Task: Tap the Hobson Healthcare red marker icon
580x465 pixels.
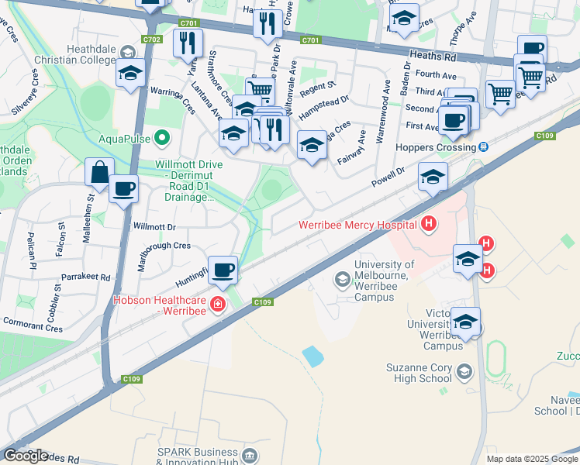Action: tap(218, 303)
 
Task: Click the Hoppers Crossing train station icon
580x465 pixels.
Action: tap(483, 147)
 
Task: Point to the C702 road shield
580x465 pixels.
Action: tap(152, 39)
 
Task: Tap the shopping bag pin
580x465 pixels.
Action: tap(100, 173)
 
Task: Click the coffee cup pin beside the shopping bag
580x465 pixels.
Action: tap(123, 189)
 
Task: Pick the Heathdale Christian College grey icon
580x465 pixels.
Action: tap(129, 52)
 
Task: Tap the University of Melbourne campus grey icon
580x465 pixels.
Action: tap(342, 278)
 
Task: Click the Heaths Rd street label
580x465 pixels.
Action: tap(433, 57)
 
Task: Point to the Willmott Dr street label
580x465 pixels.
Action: tap(155, 227)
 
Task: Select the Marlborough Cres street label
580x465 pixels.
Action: tap(163, 246)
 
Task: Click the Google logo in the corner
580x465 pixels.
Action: tap(26, 456)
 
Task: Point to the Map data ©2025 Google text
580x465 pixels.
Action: tap(532, 459)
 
